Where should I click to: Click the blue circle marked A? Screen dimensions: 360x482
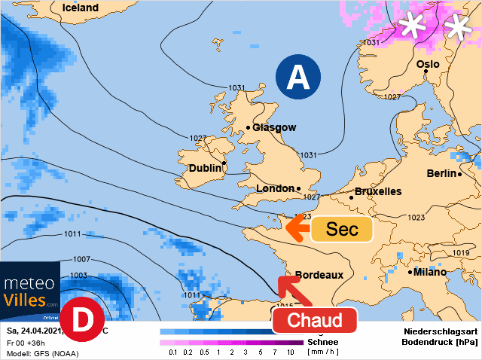pyautogui.click(x=298, y=77)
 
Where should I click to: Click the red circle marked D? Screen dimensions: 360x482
pyautogui.click(x=81, y=319)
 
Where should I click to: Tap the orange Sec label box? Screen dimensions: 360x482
pyautogui.click(x=341, y=229)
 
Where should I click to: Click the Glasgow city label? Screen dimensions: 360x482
pyautogui.click(x=274, y=128)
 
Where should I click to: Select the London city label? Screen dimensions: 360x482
pyautogui.click(x=276, y=188)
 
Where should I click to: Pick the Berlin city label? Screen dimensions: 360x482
pyautogui.click(x=441, y=173)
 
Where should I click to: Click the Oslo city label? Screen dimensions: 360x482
pyautogui.click(x=427, y=65)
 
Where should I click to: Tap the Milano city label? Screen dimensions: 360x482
pyautogui.click(x=434, y=272)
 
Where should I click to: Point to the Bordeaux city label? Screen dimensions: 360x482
pyautogui.click(x=319, y=275)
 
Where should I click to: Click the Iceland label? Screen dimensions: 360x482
pyautogui.click(x=81, y=8)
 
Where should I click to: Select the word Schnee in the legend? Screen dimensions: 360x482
pyautogui.click(x=323, y=341)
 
